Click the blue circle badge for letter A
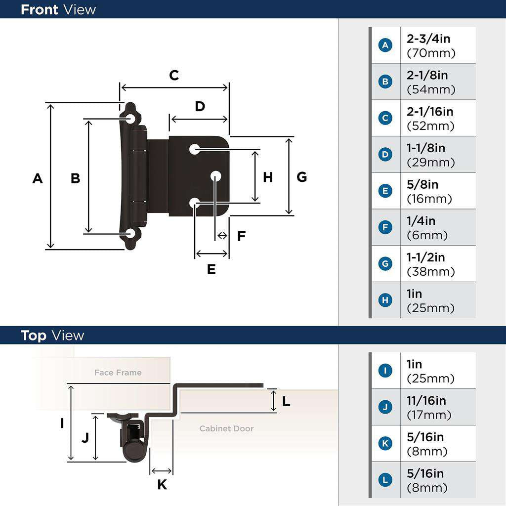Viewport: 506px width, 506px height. tap(385, 45)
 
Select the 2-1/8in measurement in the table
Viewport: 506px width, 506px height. tap(427, 75)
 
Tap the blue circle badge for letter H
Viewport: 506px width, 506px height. tap(385, 300)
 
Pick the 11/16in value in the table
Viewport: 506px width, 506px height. tap(426, 400)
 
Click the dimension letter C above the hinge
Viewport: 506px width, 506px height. tap(174, 76)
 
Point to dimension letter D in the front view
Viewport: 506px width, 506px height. tap(200, 106)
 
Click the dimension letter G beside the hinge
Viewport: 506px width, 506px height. tap(302, 177)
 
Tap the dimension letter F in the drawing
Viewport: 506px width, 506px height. tap(241, 236)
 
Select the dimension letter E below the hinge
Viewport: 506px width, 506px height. tap(211, 270)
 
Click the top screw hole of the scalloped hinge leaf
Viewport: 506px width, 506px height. tap(131, 119)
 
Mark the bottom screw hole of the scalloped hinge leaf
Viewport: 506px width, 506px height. tap(131, 233)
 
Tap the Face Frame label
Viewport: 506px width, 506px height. tap(118, 373)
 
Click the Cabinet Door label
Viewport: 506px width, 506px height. tap(226, 428)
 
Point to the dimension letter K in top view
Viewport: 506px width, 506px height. tap(162, 485)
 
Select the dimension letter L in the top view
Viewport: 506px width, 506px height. tap(286, 402)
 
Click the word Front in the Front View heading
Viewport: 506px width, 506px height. tap(39, 9)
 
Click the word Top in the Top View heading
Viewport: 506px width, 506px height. tap(34, 336)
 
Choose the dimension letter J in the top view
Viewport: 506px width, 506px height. tap(85, 438)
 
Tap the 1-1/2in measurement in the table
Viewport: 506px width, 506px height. tap(425, 257)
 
